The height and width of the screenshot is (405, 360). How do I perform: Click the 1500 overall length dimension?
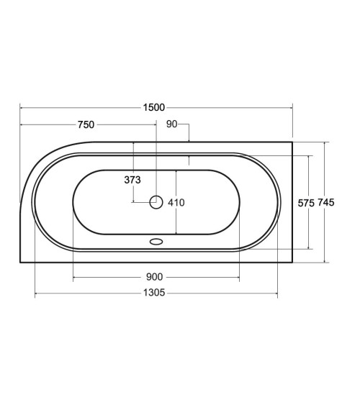coord(154,107)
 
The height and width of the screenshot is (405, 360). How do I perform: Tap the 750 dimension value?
coord(86,124)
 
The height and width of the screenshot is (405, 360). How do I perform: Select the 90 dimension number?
coord(172,124)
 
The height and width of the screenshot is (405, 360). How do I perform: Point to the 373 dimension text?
coord(132,180)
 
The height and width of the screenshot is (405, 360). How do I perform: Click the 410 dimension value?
coord(176,203)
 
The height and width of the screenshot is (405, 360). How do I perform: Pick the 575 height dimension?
coord(306,204)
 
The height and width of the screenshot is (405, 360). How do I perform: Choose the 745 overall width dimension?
coord(326,202)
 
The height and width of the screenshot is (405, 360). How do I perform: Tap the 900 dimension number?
coord(155,277)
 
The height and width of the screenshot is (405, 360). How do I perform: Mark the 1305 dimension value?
coord(154,293)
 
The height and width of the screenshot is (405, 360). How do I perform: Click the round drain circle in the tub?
coord(156,202)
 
